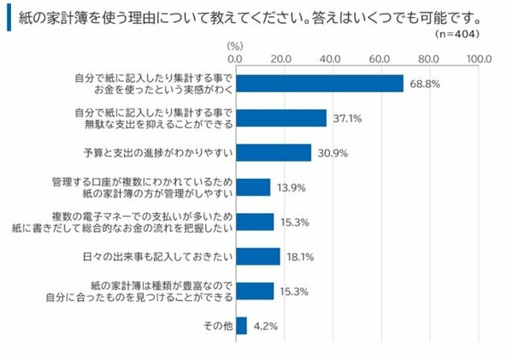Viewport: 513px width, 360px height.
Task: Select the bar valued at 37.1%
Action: pos(280,118)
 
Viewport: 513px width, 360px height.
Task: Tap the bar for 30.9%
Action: pos(272,152)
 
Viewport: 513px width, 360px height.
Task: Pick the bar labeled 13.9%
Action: pos(251,187)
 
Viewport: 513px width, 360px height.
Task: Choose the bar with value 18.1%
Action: pos(256,257)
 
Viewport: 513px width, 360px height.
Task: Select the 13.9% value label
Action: pos(288,188)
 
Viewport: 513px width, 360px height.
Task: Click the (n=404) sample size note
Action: pos(456,33)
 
